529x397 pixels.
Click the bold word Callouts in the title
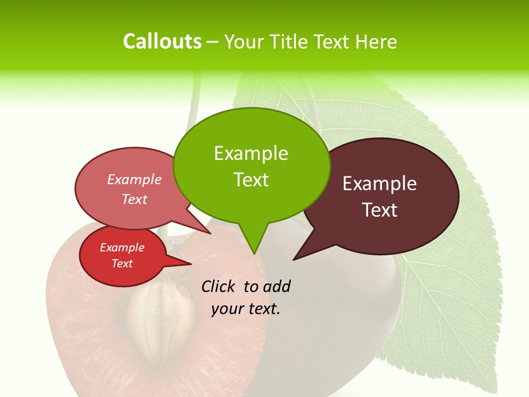click(x=162, y=41)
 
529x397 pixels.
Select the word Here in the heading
click(x=376, y=41)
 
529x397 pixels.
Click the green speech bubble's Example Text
click(x=251, y=166)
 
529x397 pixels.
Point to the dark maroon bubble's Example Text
click(x=380, y=196)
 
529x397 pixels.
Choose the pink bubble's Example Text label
click(x=134, y=189)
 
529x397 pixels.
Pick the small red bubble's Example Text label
click(x=122, y=255)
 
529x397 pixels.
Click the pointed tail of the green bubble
click(x=253, y=251)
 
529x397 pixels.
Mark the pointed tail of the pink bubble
click(x=208, y=232)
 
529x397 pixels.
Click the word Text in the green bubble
click(x=251, y=180)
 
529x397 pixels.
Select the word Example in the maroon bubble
click(x=380, y=184)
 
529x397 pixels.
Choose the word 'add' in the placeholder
click(x=277, y=286)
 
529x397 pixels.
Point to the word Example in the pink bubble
click(x=134, y=179)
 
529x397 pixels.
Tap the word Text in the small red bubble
click(x=122, y=264)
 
